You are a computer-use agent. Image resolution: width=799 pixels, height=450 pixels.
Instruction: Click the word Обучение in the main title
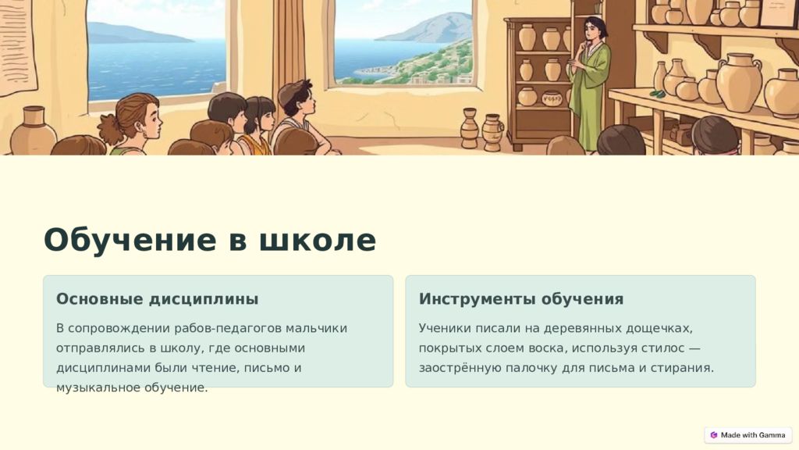coord(130,240)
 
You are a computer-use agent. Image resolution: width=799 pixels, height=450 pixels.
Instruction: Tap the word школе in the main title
coord(318,239)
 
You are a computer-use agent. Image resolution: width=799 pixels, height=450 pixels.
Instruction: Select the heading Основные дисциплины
coord(157,299)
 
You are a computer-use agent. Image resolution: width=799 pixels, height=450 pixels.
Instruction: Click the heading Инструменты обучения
coord(520,299)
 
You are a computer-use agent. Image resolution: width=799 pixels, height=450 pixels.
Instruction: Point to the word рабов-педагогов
coord(228,329)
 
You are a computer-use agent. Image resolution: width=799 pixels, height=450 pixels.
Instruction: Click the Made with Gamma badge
coord(748,435)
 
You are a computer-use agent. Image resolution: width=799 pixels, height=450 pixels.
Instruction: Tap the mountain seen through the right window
coord(426,28)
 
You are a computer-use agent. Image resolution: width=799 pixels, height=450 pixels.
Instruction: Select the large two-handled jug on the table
coord(739,81)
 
